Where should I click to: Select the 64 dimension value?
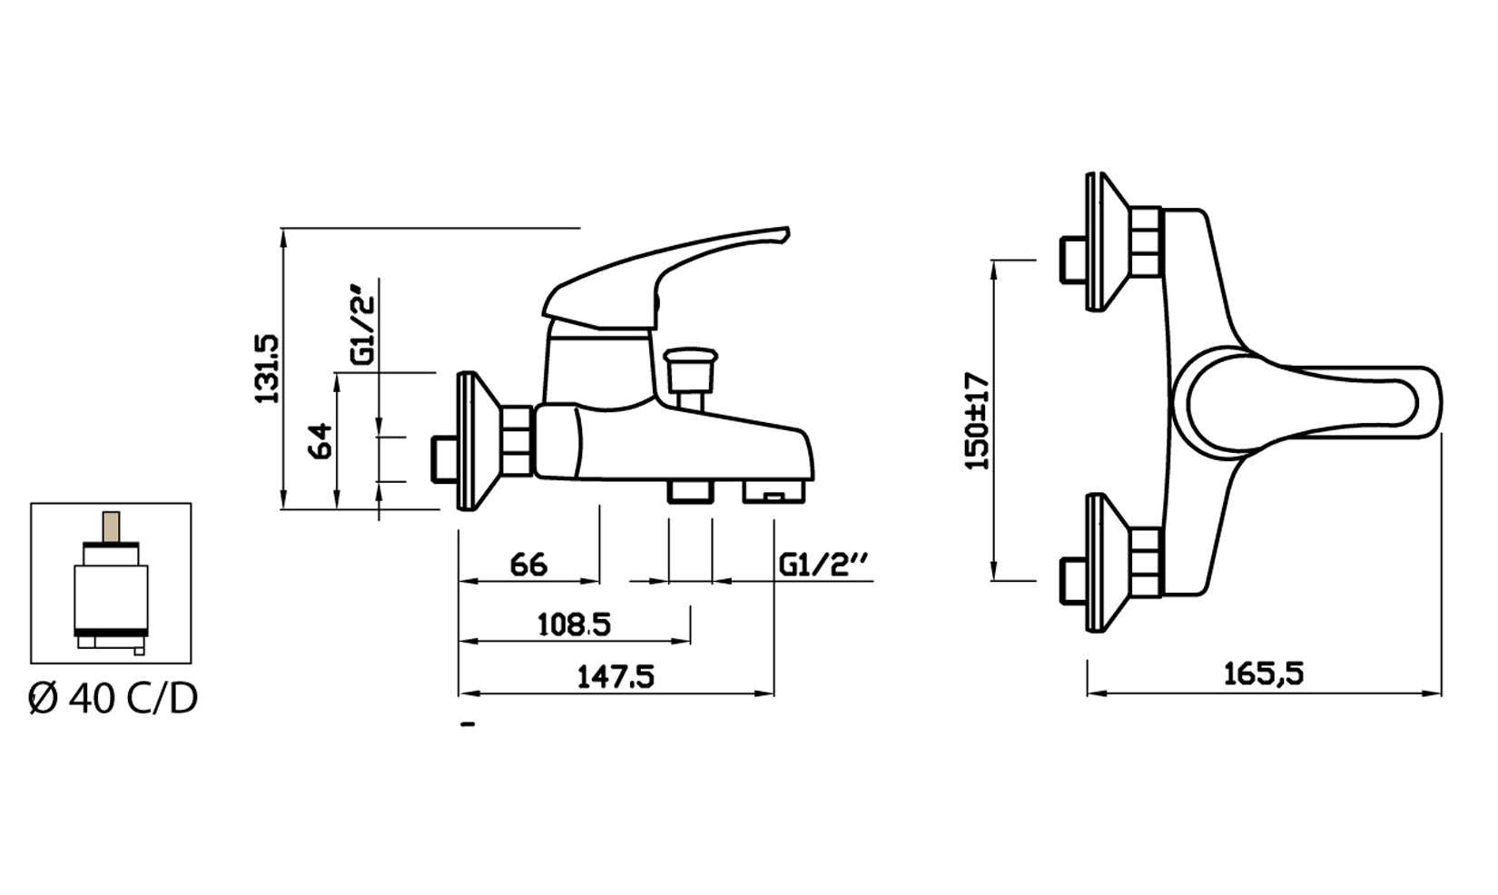(x=320, y=442)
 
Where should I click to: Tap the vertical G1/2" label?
(x=363, y=323)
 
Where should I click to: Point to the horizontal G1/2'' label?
(x=824, y=565)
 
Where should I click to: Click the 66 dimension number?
(x=528, y=565)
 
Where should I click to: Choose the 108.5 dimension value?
(x=575, y=625)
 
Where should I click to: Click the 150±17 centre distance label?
(x=978, y=419)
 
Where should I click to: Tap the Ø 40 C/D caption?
(x=113, y=699)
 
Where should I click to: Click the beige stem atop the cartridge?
(x=112, y=526)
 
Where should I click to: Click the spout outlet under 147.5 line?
(x=774, y=493)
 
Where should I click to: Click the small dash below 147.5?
(x=468, y=724)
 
